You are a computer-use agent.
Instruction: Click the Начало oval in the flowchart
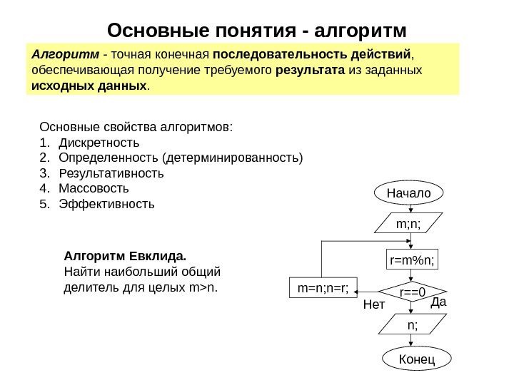[409, 192]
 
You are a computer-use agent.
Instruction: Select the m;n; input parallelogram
[409, 224]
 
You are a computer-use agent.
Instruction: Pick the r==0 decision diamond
[412, 292]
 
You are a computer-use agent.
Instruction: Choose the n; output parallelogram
[410, 325]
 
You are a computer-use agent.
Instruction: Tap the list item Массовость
[94, 189]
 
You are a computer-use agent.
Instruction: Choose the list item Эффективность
[106, 205]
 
